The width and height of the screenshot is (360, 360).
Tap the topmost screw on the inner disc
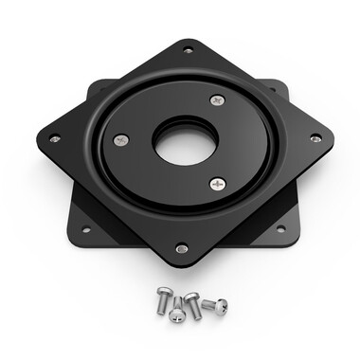pyautogui.click(x=217, y=99)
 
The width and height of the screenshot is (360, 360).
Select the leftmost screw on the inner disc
pyautogui.click(x=120, y=140)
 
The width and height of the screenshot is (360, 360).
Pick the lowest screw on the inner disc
pyautogui.click(x=218, y=183)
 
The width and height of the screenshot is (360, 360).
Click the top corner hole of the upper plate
pyautogui.click(x=188, y=49)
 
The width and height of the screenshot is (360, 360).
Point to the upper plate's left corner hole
pyautogui.click(x=54, y=138)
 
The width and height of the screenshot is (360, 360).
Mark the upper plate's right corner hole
pyautogui.click(x=315, y=138)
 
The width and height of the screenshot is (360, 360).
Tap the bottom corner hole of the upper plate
pyautogui.click(x=181, y=248)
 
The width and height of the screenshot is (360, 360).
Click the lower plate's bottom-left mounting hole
pyautogui.click(x=85, y=228)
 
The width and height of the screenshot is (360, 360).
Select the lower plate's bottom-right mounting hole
pyautogui.click(x=279, y=228)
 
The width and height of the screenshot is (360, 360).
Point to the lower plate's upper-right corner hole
pyautogui.click(x=273, y=90)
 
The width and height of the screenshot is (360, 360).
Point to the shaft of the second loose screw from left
pyautogui.click(x=176, y=303)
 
